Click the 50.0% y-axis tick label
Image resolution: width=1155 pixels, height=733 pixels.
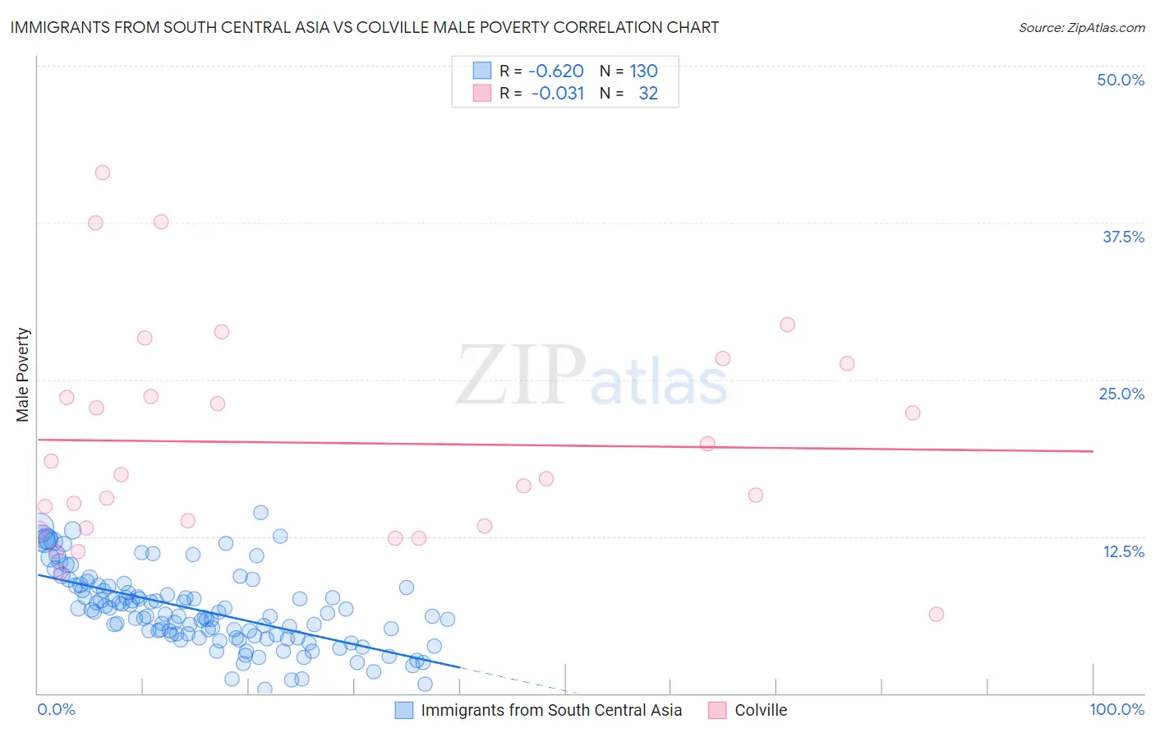1120,80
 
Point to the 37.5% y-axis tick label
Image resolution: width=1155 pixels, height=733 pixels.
1123,237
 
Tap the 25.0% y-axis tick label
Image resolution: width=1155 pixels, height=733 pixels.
1121,394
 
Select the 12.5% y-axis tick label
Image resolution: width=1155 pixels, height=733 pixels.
1123,551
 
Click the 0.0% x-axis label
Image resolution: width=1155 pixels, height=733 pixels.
56,709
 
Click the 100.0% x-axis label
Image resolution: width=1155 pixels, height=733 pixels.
1116,709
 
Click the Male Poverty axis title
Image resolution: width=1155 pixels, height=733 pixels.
23,375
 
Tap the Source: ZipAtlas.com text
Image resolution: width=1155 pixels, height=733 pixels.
1081,27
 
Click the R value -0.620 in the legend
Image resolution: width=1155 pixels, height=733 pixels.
555,71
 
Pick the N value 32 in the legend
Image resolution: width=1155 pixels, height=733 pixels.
648,93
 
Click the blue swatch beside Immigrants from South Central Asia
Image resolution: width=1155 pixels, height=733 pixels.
404,710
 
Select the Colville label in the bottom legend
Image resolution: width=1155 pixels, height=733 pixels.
761,710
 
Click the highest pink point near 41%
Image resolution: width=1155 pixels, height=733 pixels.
103,173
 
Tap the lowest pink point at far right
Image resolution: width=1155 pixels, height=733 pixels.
936,614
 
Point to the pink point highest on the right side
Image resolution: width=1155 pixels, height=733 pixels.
787,325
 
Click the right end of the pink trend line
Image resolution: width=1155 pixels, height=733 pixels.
1093,451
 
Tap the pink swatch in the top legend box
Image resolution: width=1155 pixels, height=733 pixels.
482,93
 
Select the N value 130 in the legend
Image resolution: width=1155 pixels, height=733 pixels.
643,71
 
